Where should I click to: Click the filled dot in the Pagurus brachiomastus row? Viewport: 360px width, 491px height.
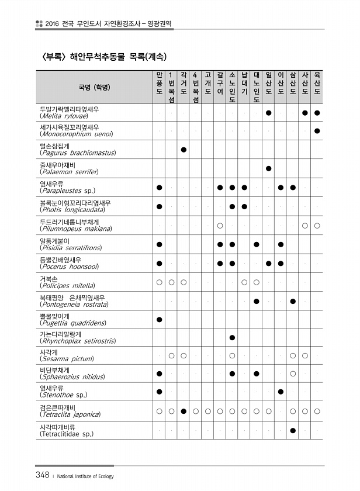[184, 150]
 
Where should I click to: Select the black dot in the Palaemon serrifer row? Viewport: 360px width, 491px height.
[268, 168]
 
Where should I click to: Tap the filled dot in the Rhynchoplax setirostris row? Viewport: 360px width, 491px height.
[232, 338]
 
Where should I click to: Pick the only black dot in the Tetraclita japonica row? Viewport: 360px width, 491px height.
[184, 412]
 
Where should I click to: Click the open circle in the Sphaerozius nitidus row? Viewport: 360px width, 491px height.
[293, 373]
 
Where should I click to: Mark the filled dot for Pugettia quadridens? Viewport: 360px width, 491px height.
[159, 319]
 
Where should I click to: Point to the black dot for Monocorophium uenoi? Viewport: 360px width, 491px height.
[317, 131]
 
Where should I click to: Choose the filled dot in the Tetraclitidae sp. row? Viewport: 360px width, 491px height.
[293, 430]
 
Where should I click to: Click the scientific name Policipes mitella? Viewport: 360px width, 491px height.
[67, 286]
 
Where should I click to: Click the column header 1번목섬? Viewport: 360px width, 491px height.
[171, 88]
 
